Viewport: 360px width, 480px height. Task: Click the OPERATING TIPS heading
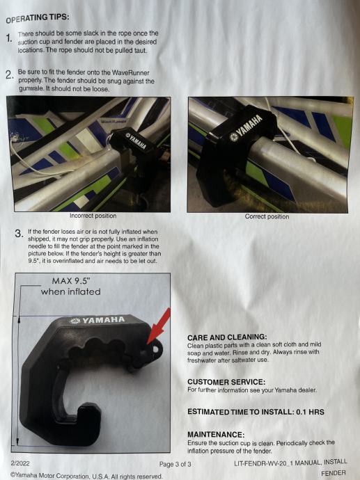coord(38,18)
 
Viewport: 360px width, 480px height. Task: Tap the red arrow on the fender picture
coord(158,326)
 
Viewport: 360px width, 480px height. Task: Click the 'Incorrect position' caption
coord(93,216)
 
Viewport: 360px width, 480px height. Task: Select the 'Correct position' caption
coord(267,217)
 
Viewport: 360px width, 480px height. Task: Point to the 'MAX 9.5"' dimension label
coord(71,281)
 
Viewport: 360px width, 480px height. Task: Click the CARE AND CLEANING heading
coord(227,337)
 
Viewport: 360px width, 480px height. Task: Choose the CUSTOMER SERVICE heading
coord(226,382)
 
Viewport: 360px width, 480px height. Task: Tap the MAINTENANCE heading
coord(216,434)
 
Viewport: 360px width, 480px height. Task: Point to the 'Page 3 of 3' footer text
coord(175,465)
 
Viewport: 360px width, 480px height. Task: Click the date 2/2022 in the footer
coord(20,463)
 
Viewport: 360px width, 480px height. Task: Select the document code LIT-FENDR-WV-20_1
coord(263,463)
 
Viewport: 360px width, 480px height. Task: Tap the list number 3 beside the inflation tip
coord(19,234)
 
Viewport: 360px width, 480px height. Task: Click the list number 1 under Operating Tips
coord(9,38)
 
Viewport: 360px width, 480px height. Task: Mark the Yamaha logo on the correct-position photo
coord(246,128)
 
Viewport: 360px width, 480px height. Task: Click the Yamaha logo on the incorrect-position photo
coord(135,141)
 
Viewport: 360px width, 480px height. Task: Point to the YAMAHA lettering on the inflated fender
coord(97,320)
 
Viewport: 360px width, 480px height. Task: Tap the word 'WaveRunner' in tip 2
coord(130,73)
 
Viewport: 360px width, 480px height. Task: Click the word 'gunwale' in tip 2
coord(31,89)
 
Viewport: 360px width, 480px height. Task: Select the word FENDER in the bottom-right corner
coord(334,473)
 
